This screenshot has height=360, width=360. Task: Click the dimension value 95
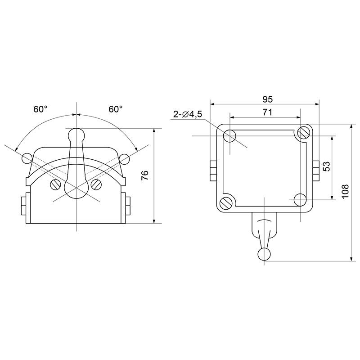(267, 99)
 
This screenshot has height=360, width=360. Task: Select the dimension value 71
(267, 112)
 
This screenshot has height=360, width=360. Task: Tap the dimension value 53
(326, 166)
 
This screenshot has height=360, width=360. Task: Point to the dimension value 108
(345, 191)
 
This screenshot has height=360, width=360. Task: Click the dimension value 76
(145, 175)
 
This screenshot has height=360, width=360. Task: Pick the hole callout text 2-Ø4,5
(188, 114)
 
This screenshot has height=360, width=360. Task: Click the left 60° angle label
(40, 109)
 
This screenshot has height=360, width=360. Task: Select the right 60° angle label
(115, 109)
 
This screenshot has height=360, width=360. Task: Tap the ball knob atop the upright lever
(76, 134)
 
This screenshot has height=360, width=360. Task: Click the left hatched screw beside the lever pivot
(55, 184)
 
